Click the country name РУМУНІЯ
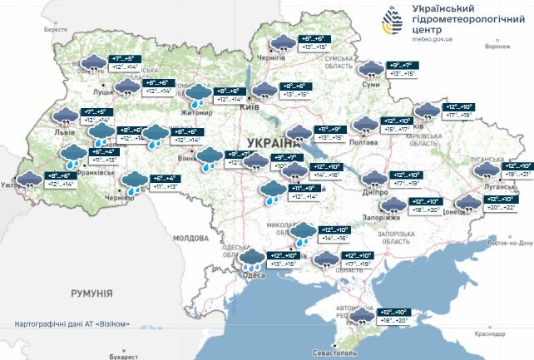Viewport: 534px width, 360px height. click(x=91, y=293)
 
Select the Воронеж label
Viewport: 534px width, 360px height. click(x=495, y=47)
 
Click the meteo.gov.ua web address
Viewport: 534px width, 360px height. click(x=431, y=37)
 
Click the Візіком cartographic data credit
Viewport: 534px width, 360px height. click(x=72, y=323)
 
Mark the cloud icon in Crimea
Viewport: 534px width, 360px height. click(x=363, y=317)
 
